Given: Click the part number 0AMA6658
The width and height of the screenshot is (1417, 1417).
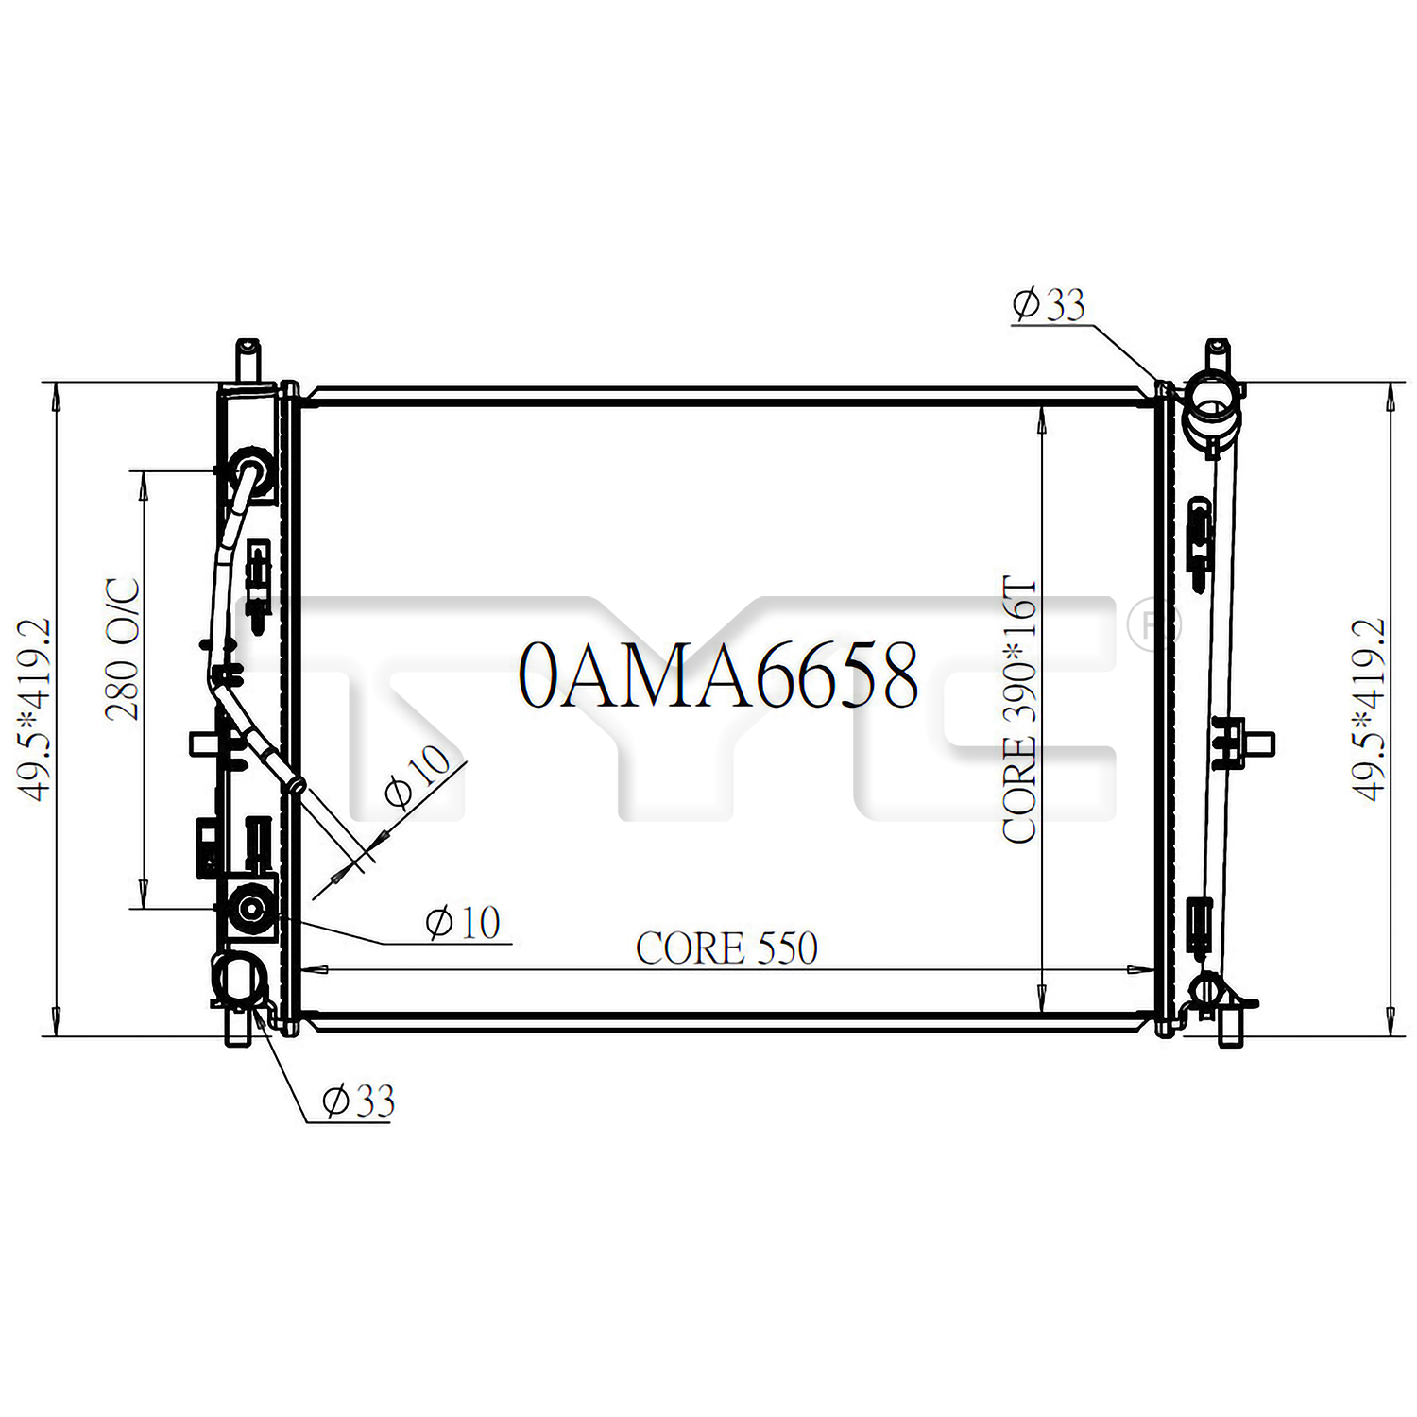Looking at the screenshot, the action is pos(719,675).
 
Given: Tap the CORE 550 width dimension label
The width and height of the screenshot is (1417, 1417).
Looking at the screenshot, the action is pos(726,948).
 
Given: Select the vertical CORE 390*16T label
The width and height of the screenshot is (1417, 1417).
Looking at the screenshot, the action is pos(1020,709).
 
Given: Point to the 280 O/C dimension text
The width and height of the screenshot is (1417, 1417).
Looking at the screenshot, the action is pos(123,649).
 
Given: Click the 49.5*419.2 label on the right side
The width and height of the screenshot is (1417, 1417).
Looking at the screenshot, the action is pos(1369,709).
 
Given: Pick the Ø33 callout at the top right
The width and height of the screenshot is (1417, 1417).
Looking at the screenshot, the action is pos(1049,304).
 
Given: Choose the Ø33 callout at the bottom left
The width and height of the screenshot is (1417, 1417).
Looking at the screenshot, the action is pos(358,1101).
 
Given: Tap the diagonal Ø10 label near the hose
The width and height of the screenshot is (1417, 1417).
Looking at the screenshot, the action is pos(418,777).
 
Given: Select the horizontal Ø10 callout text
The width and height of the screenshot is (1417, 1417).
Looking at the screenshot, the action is pos(463,923).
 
